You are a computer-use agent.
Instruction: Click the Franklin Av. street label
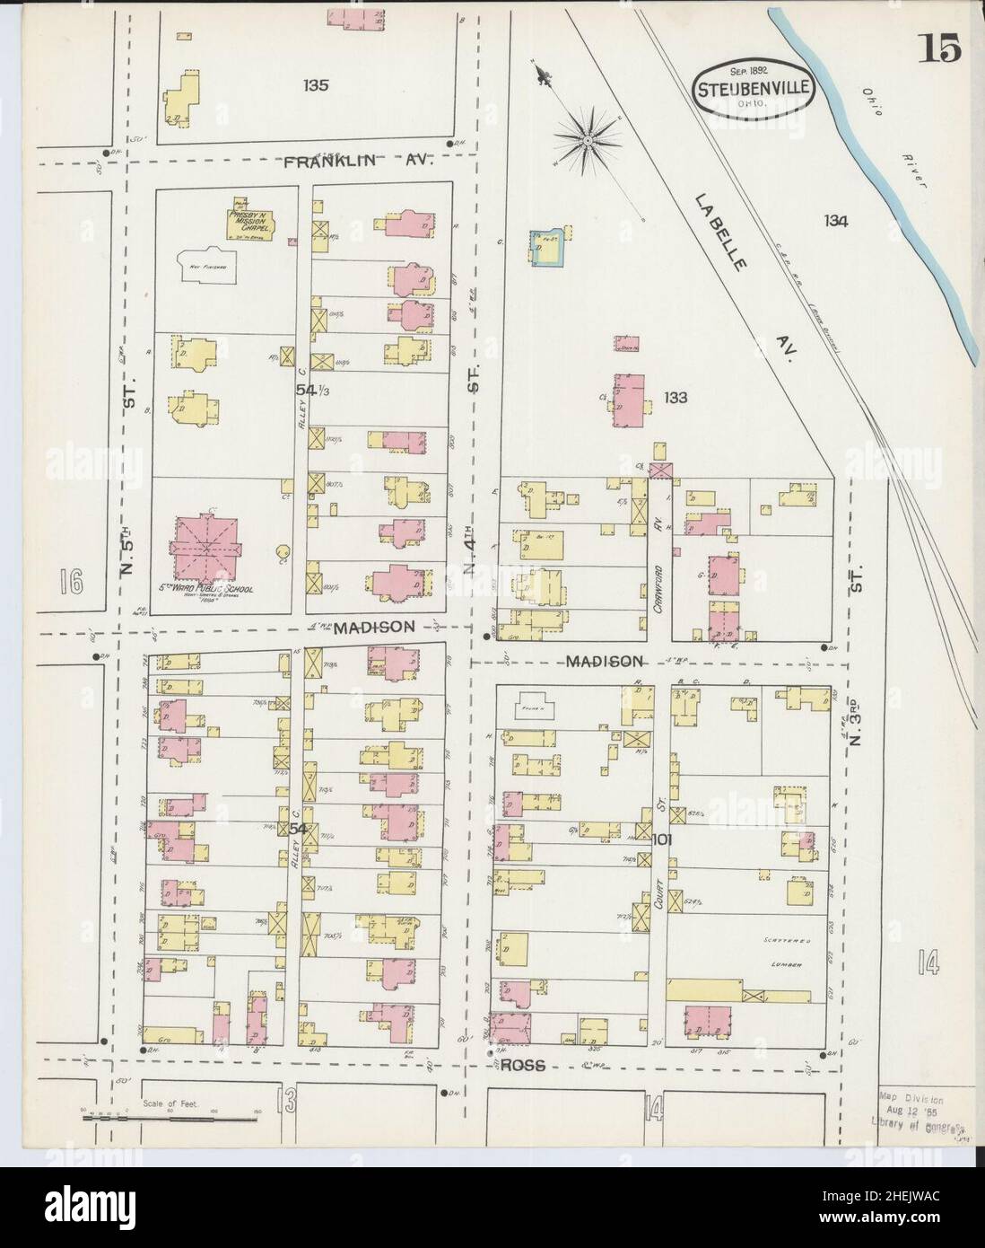(359, 162)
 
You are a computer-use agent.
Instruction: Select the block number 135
(315, 86)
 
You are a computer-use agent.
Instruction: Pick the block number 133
(675, 397)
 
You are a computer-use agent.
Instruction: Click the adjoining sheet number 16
(73, 583)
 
